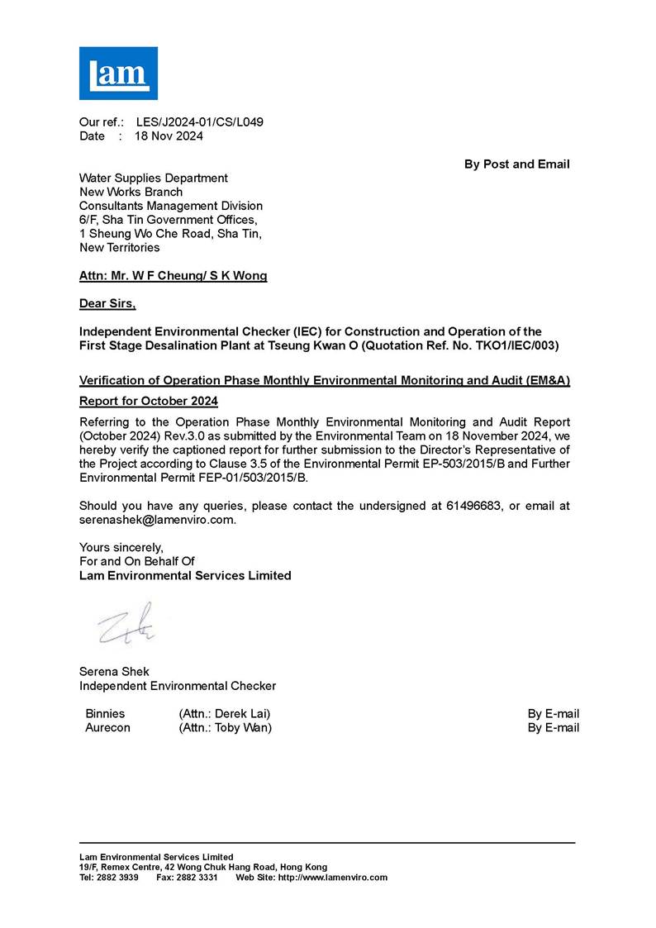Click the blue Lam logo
pos(118,73)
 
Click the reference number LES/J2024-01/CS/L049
pos(199,122)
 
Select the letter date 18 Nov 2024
pos(169,136)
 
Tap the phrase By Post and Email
pos(516,164)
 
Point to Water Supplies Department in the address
pos(153,178)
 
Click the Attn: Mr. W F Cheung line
pos(173,276)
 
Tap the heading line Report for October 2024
pos(148,401)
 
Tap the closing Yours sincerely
pos(121,547)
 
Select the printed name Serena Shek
pos(114,672)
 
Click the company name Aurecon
pos(107,728)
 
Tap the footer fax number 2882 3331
pos(197,878)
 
